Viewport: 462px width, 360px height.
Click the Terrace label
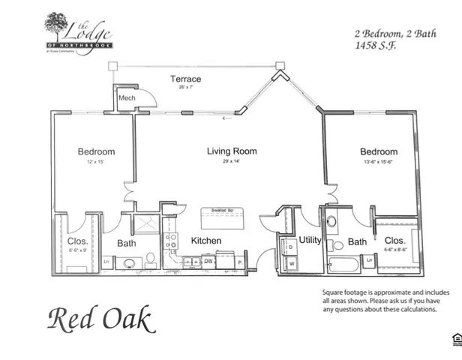pyautogui.click(x=185, y=79)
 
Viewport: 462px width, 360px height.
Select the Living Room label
pyautogui.click(x=232, y=151)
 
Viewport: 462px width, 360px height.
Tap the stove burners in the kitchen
pyautogui.click(x=172, y=241)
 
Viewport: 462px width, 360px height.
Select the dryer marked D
pyautogui.click(x=289, y=246)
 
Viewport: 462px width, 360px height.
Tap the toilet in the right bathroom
pyautogui.click(x=331, y=223)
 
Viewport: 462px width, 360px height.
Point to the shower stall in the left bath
pyautogui.click(x=145, y=224)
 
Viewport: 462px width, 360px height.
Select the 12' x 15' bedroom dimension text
pyautogui.click(x=95, y=162)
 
